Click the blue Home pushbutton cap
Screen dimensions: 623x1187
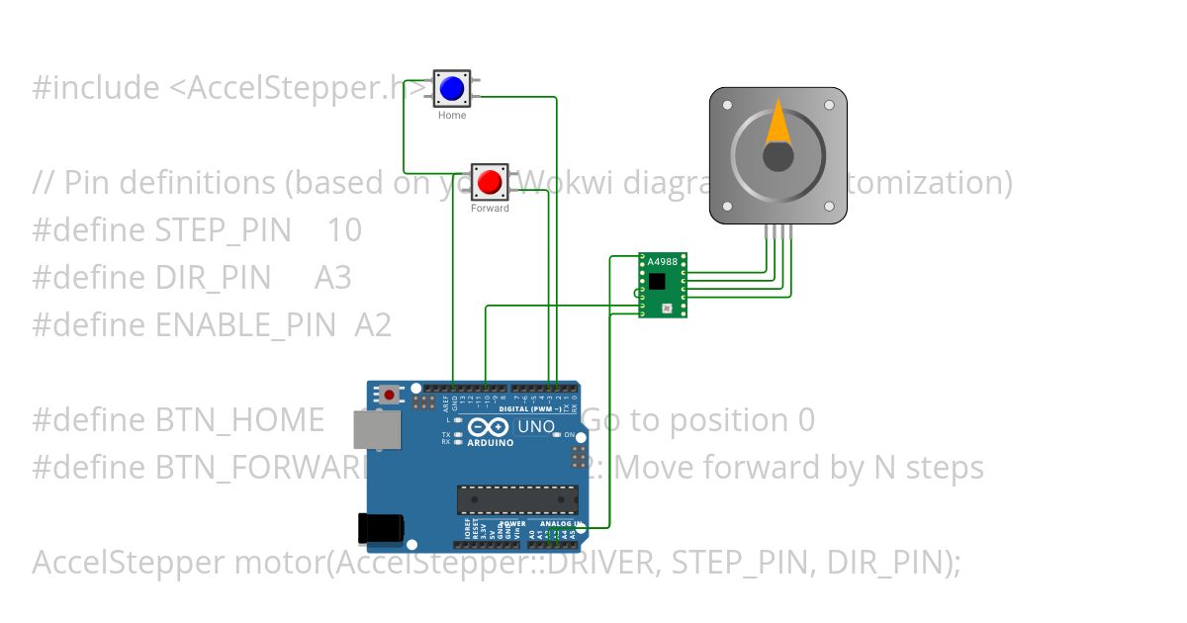tap(452, 89)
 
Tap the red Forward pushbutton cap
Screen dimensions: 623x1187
tap(489, 182)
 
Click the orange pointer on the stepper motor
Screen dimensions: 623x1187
tap(778, 123)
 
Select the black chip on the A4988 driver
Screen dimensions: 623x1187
tap(658, 282)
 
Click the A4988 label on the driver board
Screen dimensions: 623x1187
tap(663, 262)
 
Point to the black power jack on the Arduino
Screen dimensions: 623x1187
tap(380, 531)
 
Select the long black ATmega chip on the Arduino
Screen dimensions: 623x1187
tap(516, 500)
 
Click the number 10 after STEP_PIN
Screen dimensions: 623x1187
tap(344, 230)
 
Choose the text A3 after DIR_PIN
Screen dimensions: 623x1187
tap(332, 278)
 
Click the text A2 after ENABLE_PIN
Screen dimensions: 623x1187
tap(373, 325)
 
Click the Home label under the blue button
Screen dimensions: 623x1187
tap(452, 116)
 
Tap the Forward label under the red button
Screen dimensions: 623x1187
tap(490, 209)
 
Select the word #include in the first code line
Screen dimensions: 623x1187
tap(95, 88)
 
